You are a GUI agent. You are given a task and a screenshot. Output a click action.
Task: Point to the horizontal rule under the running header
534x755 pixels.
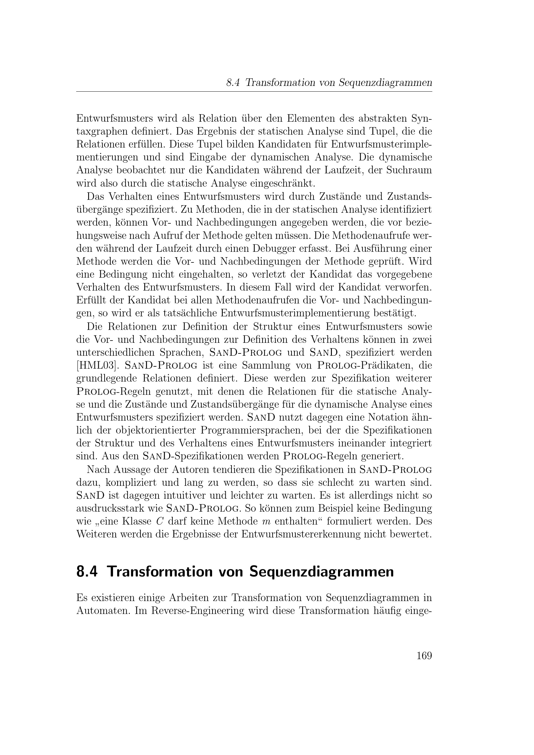(254, 92)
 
